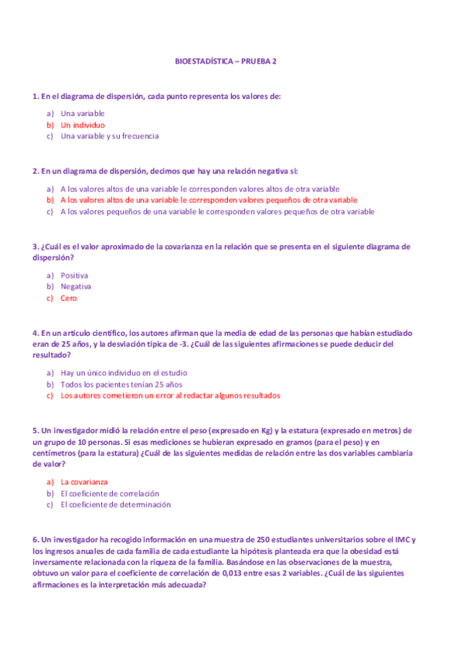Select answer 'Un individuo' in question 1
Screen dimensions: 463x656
click(x=83, y=125)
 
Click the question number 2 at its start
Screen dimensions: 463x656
click(x=36, y=170)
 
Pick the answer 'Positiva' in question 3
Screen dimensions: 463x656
click(x=74, y=275)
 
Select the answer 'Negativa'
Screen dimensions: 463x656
click(x=76, y=286)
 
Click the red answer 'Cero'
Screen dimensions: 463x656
click(x=69, y=298)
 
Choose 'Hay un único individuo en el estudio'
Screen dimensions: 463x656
click(x=124, y=373)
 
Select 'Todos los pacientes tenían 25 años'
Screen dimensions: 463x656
click(x=121, y=384)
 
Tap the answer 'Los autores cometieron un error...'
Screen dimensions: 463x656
click(x=170, y=395)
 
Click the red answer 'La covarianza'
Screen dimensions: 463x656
click(x=84, y=482)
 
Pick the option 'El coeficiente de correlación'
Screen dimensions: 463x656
click(x=110, y=493)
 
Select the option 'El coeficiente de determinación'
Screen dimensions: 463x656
click(x=115, y=504)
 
